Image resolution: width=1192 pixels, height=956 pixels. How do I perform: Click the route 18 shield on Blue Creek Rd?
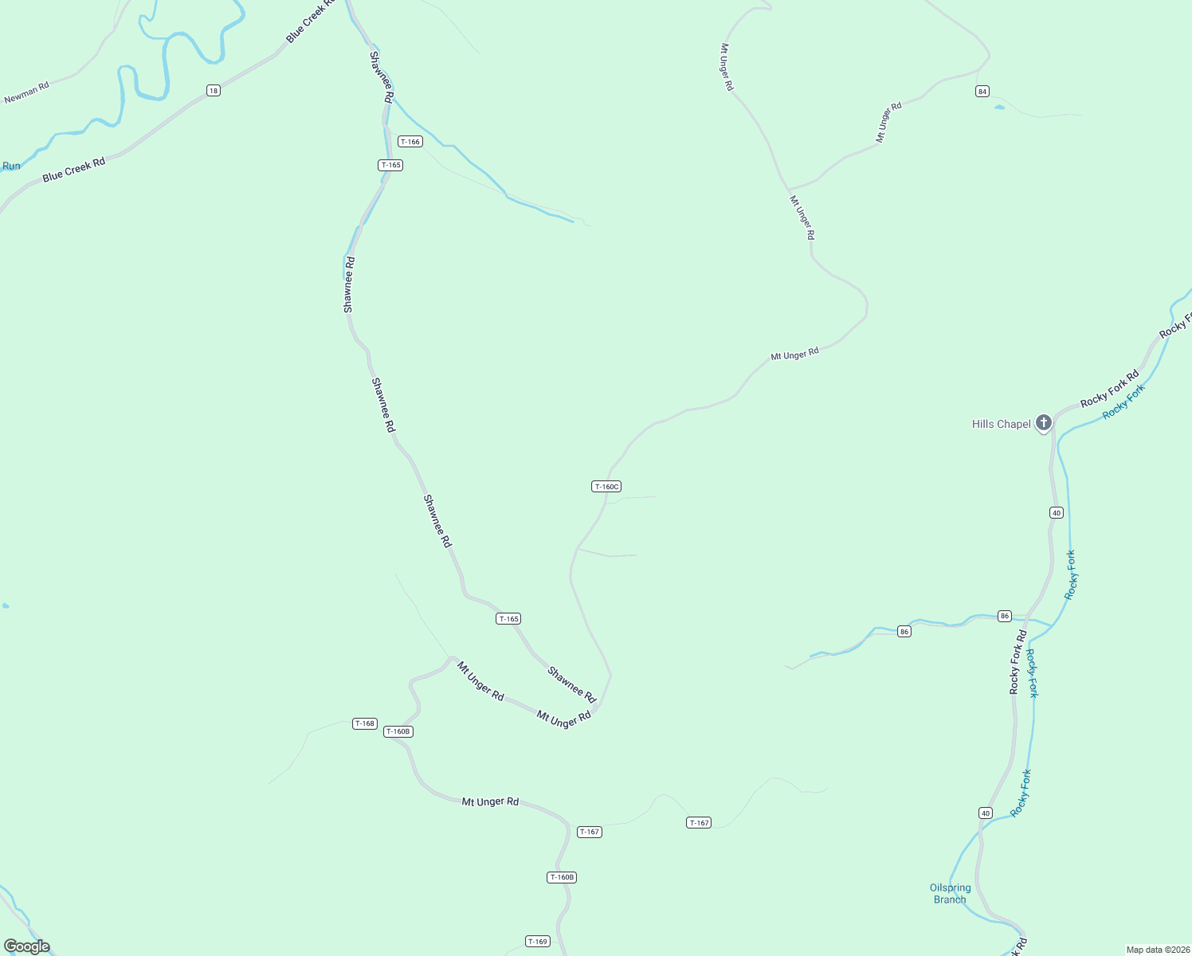pyautogui.click(x=213, y=91)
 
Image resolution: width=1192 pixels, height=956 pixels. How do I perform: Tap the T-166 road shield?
pyautogui.click(x=410, y=142)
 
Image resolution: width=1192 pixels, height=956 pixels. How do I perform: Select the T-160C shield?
pyautogui.click(x=606, y=487)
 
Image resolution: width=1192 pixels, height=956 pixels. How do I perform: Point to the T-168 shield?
pyautogui.click(x=364, y=723)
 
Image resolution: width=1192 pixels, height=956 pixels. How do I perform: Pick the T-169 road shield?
pyautogui.click(x=538, y=942)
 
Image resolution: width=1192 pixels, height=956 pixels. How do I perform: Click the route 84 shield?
pyautogui.click(x=982, y=92)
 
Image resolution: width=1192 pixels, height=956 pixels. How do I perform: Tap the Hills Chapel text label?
pyautogui.click(x=1001, y=425)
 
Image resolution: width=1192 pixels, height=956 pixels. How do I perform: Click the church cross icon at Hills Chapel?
pyautogui.click(x=1044, y=423)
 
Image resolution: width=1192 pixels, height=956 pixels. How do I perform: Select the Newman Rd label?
pyautogui.click(x=26, y=92)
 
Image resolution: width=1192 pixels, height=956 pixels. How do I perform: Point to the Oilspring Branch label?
pyautogui.click(x=950, y=893)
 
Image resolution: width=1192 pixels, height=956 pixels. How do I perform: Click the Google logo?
pyautogui.click(x=27, y=946)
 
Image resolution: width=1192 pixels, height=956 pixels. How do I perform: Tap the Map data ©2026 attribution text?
pyautogui.click(x=1157, y=950)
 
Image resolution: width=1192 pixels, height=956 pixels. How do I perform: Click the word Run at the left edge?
pyautogui.click(x=11, y=167)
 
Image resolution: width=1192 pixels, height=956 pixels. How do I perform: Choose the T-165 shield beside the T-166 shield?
pyautogui.click(x=390, y=166)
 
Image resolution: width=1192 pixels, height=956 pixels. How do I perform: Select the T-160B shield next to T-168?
pyautogui.click(x=398, y=731)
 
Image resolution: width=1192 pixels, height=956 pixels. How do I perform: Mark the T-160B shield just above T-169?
pyautogui.click(x=562, y=877)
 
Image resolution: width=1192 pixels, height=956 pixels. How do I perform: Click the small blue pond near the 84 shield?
pyautogui.click(x=999, y=107)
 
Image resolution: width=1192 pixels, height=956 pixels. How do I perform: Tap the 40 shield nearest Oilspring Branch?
pyautogui.click(x=986, y=813)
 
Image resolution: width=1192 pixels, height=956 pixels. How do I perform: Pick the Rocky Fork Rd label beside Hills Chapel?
pyautogui.click(x=1109, y=390)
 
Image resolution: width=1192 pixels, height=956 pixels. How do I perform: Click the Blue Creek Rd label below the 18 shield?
pyautogui.click(x=74, y=170)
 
